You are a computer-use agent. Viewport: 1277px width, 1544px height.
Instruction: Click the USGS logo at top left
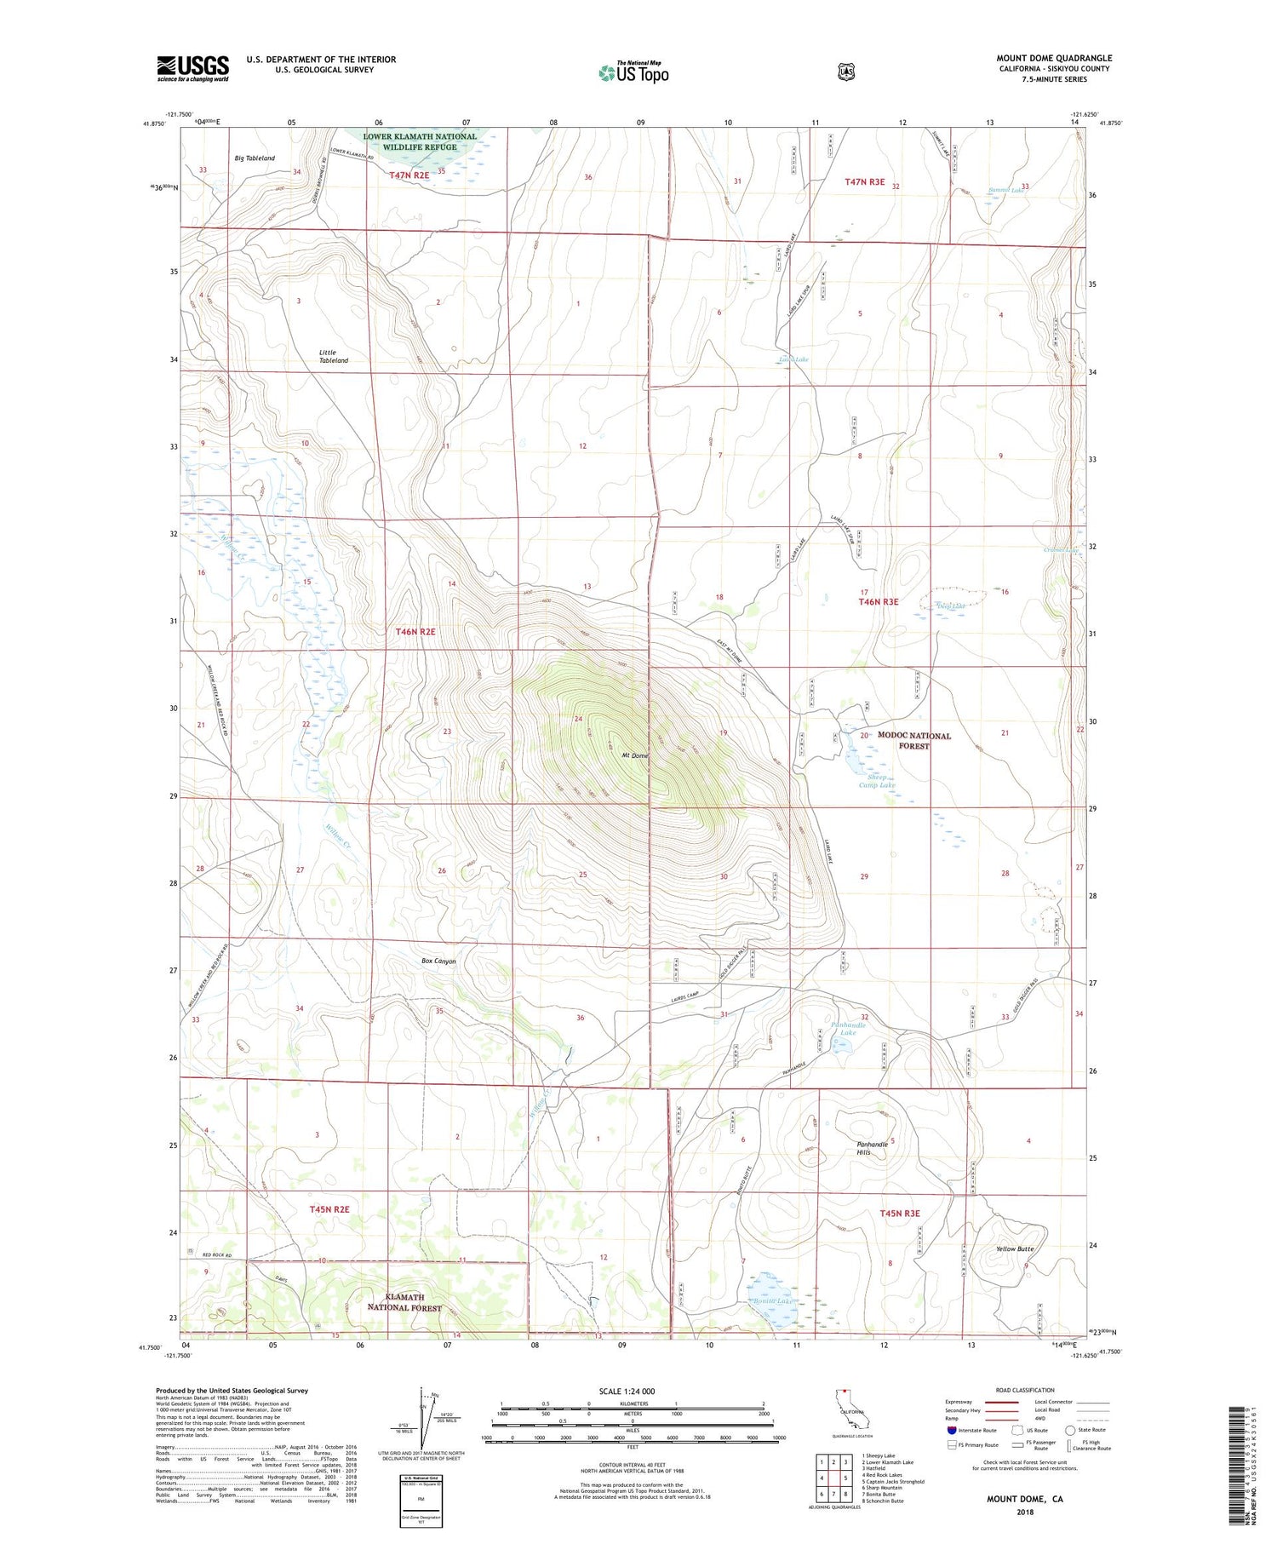click(x=192, y=68)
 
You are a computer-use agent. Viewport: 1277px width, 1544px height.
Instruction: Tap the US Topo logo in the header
click(x=633, y=72)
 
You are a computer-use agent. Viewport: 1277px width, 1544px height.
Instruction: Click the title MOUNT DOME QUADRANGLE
click(x=1054, y=58)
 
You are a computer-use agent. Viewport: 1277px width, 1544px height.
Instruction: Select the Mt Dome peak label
click(x=634, y=755)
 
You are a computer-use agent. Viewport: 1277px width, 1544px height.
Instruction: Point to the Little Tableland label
click(x=333, y=356)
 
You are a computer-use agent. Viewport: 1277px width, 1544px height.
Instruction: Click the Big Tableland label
click(x=255, y=158)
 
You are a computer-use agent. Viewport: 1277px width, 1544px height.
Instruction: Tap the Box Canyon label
click(x=438, y=961)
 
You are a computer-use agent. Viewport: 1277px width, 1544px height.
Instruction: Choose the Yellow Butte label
click(x=1014, y=1248)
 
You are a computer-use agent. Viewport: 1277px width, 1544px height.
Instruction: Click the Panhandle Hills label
click(x=872, y=1148)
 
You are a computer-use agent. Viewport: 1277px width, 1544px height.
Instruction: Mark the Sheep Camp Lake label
click(x=877, y=781)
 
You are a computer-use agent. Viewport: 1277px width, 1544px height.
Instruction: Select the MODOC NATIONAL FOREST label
click(x=914, y=740)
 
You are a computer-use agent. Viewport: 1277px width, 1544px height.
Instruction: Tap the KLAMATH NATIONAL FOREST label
click(x=404, y=1302)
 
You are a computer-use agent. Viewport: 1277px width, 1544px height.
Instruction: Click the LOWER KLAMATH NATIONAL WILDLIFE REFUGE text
click(x=420, y=141)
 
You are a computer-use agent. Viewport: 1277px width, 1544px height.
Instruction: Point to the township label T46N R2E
click(x=415, y=632)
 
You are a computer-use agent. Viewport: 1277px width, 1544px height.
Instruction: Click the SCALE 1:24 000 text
click(x=633, y=1391)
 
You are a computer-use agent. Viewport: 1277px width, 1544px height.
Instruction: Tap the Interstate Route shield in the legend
click(x=951, y=1430)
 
